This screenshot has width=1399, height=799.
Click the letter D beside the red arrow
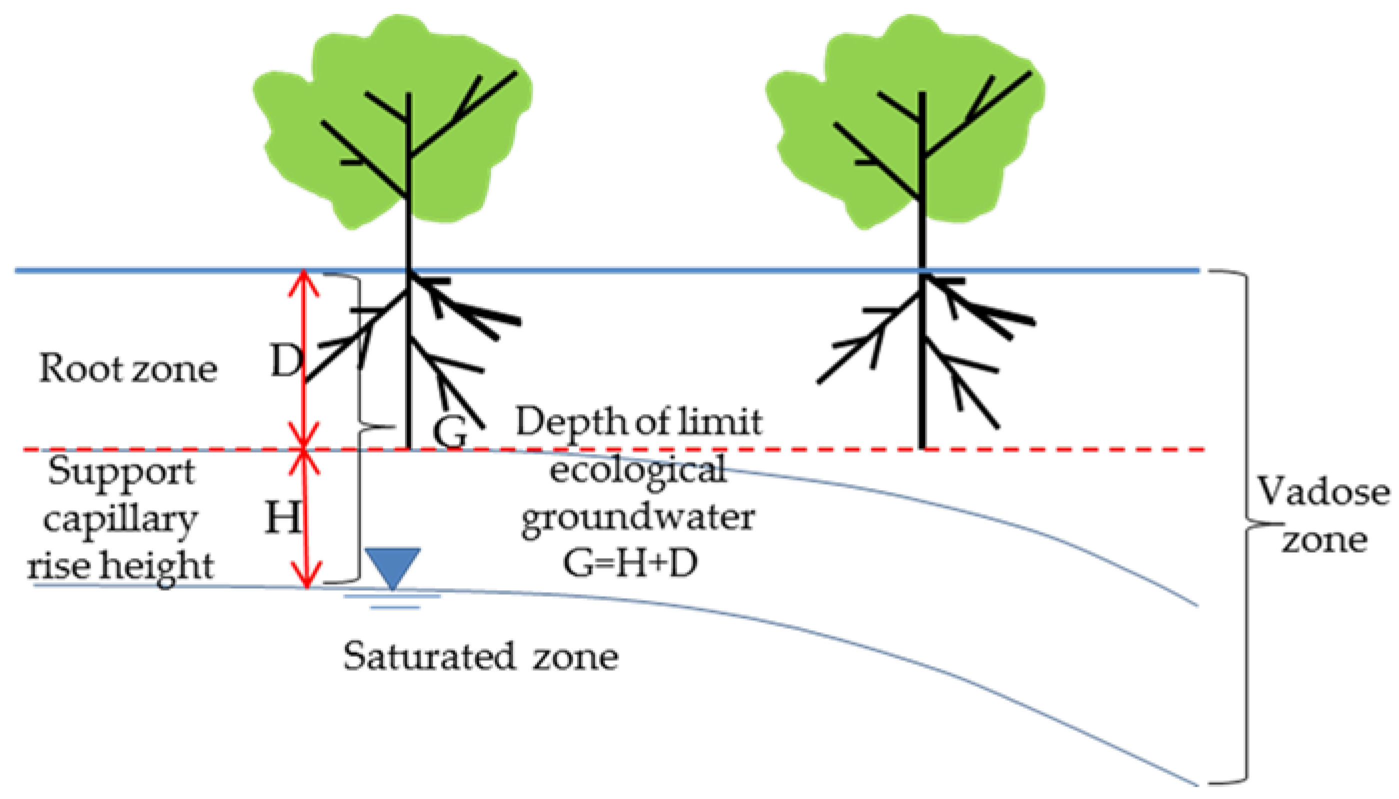coord(286,360)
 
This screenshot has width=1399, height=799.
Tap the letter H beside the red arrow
coord(282,517)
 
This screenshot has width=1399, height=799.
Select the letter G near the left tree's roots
coord(450,432)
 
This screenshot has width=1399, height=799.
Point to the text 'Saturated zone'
coord(480,656)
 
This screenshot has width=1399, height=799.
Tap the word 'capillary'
coord(120,519)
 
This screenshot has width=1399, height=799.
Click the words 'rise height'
coord(120,565)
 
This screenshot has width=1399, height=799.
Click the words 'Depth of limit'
coord(638,422)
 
